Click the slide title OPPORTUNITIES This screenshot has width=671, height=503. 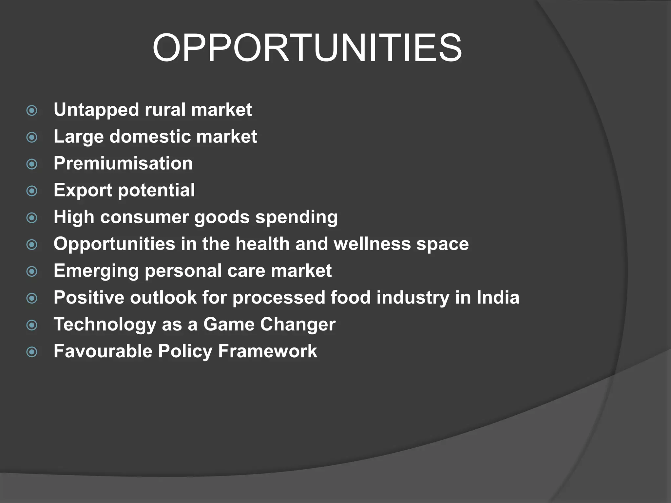307,48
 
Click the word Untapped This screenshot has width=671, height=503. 96,110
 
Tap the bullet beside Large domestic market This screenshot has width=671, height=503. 32,137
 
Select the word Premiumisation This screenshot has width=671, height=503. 123,163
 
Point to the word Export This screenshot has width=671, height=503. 83,190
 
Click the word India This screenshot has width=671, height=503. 498,298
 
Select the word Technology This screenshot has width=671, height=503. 105,325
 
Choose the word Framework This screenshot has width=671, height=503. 267,351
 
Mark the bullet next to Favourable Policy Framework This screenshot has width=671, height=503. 32,352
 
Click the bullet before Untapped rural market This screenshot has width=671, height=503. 32,110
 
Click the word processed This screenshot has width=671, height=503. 279,298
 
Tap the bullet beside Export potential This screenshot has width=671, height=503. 32,191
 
